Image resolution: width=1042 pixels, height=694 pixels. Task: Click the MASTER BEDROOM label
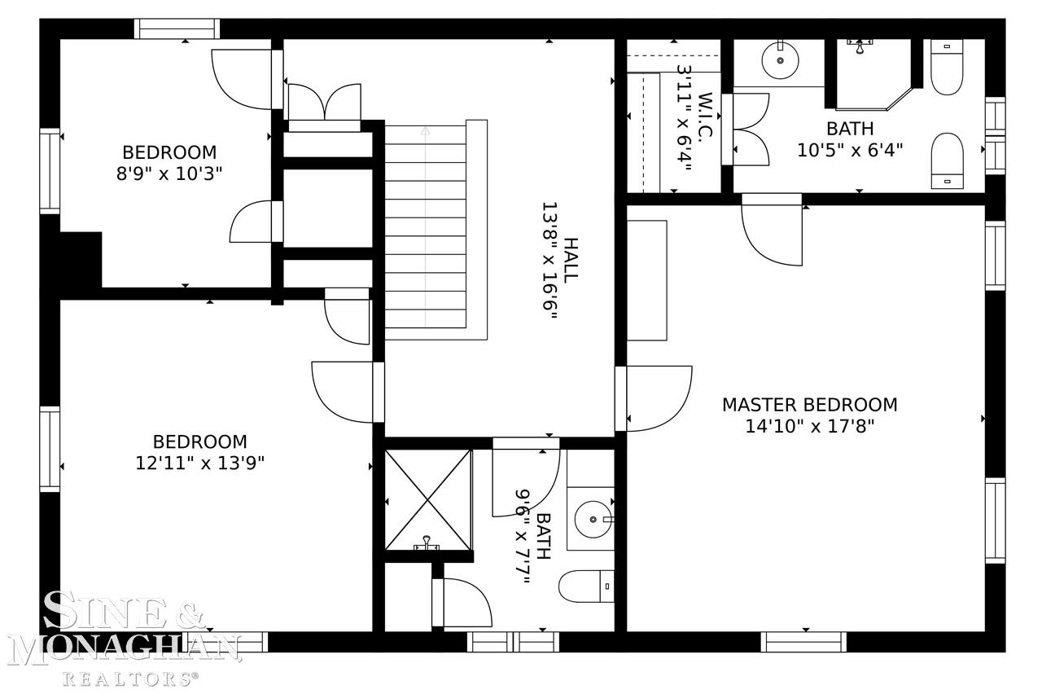(x=810, y=405)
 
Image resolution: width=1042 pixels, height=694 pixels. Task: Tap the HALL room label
(x=571, y=260)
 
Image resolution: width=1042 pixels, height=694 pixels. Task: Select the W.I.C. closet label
(x=706, y=115)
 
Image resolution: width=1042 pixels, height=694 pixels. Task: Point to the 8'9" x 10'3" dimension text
(x=169, y=173)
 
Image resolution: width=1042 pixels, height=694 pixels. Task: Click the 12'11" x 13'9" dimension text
(x=200, y=463)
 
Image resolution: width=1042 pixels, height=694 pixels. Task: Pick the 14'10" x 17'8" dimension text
(x=810, y=426)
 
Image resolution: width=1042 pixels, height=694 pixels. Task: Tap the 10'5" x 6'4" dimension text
(x=850, y=150)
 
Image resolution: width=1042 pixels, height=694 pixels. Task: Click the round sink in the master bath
(x=780, y=60)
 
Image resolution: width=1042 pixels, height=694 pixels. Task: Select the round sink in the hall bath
(x=593, y=519)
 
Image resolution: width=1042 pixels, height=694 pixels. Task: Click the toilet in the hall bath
(x=586, y=586)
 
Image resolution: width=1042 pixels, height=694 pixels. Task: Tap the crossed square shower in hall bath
(x=428, y=500)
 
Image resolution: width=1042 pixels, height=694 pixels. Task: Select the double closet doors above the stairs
(x=325, y=103)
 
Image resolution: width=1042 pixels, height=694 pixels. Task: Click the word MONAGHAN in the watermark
(x=124, y=647)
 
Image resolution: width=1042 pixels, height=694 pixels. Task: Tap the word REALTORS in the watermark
(x=131, y=679)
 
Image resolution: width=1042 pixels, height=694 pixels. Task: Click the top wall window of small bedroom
(x=177, y=29)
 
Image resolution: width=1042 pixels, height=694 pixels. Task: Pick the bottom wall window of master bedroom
(x=803, y=642)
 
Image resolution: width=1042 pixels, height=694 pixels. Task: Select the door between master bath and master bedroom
(x=773, y=230)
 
